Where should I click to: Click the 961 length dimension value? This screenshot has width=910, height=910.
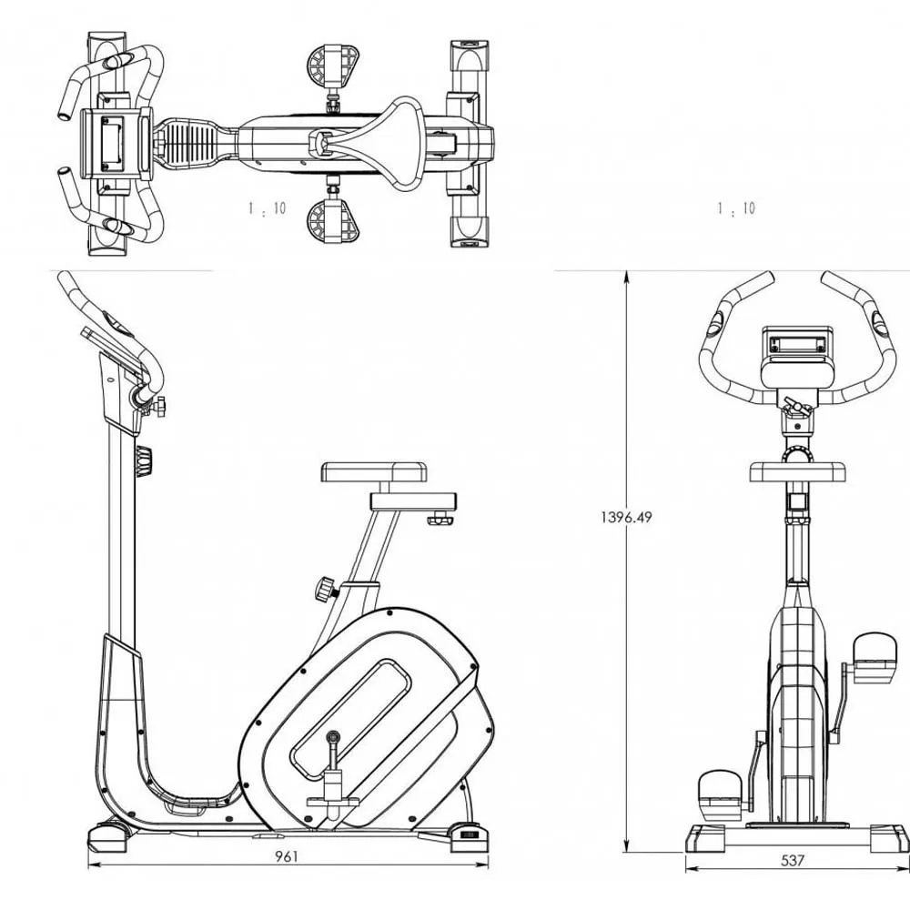tap(287, 856)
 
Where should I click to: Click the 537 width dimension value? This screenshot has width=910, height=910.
tap(793, 860)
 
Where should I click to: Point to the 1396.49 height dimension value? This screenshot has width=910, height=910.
tap(626, 517)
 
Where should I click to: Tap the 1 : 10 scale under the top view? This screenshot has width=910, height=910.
tap(267, 208)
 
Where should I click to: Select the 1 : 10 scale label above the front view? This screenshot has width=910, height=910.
tap(736, 208)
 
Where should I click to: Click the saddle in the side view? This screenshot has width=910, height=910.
tap(374, 472)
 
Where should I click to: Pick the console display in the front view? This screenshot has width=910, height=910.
tap(797, 344)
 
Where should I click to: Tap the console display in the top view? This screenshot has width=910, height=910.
tap(115, 142)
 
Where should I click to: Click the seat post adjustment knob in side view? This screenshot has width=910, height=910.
tap(324, 589)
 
